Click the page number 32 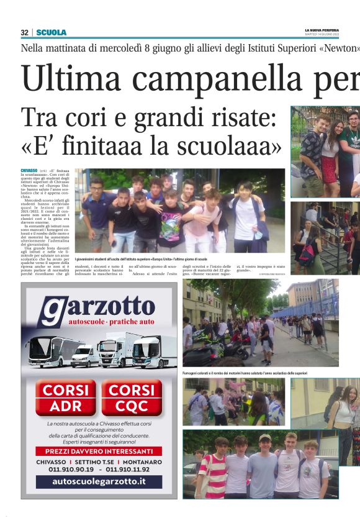[25, 32]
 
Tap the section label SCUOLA [51, 32]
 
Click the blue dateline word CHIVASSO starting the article [29, 170]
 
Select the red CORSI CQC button [131, 398]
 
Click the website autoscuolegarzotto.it [99, 481]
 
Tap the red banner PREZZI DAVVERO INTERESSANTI [99, 451]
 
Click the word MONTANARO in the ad [142, 462]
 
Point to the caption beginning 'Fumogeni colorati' [246, 373]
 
